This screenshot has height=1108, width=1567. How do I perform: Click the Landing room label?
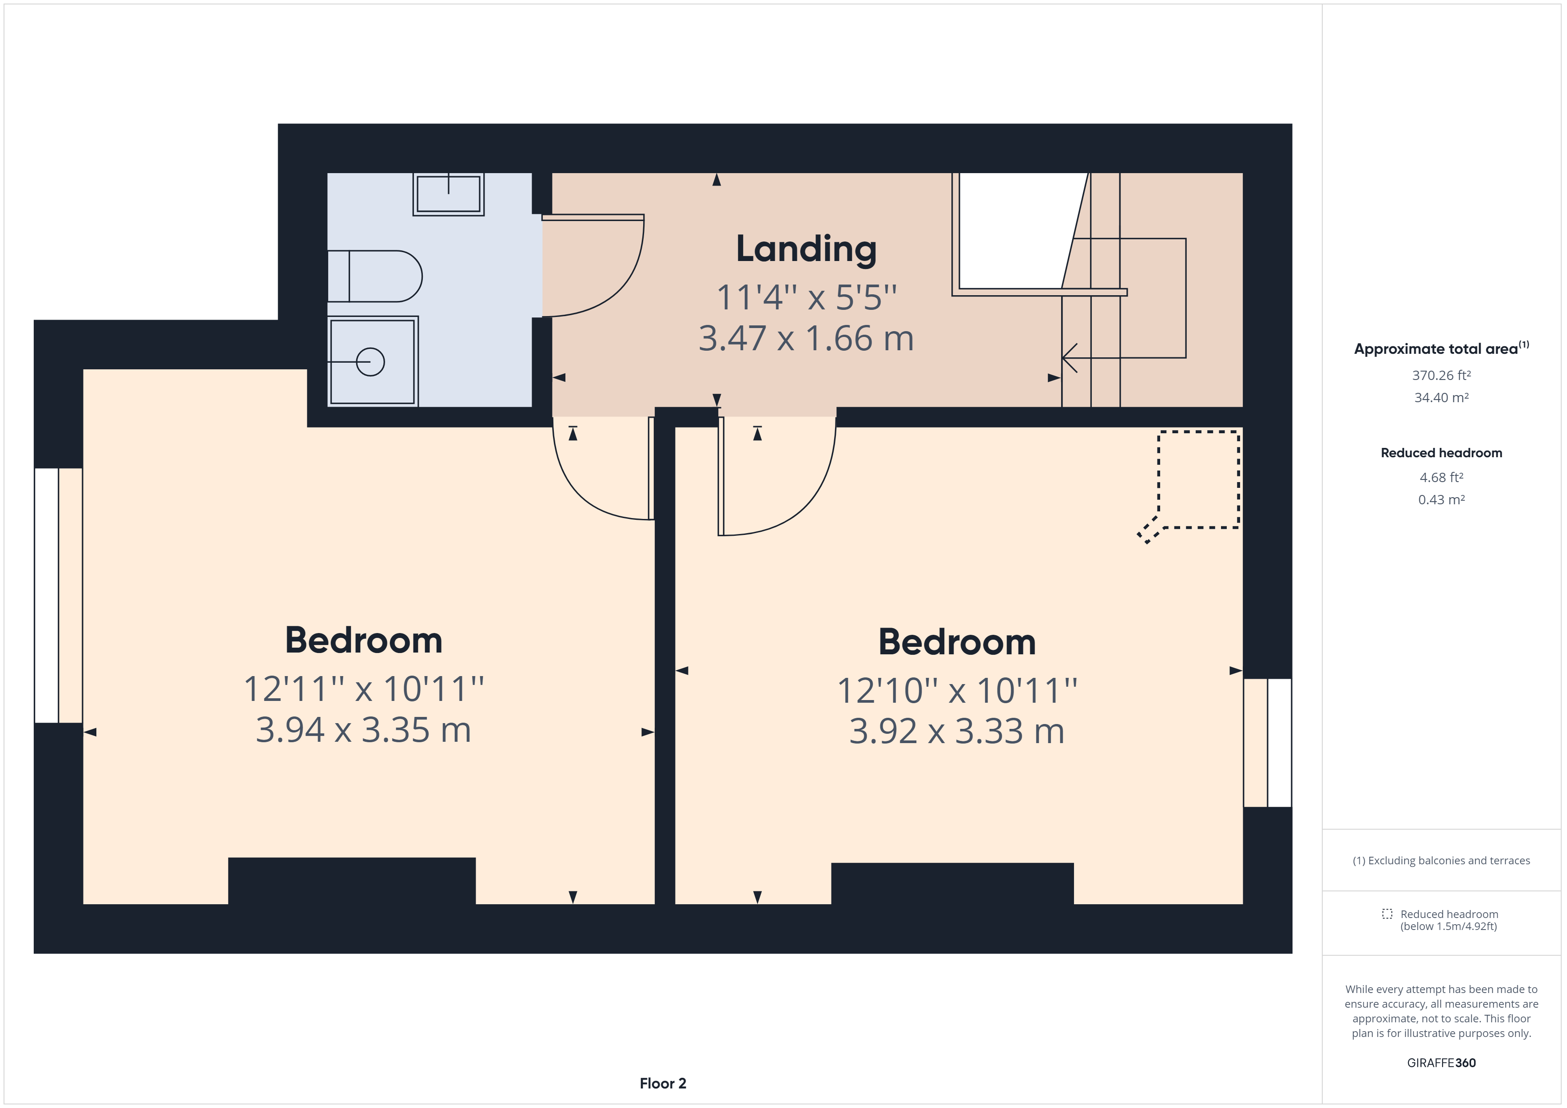806,250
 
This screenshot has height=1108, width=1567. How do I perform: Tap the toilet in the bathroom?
375,276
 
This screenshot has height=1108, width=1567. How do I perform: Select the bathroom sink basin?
449,194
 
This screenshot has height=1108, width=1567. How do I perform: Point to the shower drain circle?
370,362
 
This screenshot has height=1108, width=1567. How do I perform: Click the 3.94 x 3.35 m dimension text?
363,730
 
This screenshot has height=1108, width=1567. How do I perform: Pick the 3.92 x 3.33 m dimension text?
956,732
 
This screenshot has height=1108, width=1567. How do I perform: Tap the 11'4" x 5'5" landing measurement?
806,297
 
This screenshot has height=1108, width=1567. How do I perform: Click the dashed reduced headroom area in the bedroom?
1198,479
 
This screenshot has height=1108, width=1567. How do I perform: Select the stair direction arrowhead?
1069,357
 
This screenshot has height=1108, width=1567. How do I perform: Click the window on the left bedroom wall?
58,595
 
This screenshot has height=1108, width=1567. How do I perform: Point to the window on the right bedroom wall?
1267,742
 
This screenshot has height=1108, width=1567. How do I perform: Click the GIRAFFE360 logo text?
1441,1062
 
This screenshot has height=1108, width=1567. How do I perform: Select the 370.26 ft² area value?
1441,375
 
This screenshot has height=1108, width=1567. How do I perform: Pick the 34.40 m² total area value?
1441,398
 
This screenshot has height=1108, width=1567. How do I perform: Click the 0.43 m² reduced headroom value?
1441,499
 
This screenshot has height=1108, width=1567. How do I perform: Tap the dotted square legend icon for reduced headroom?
1387,914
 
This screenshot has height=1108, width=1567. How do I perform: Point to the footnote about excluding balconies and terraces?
1441,860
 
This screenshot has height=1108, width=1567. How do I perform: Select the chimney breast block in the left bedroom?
351,880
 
